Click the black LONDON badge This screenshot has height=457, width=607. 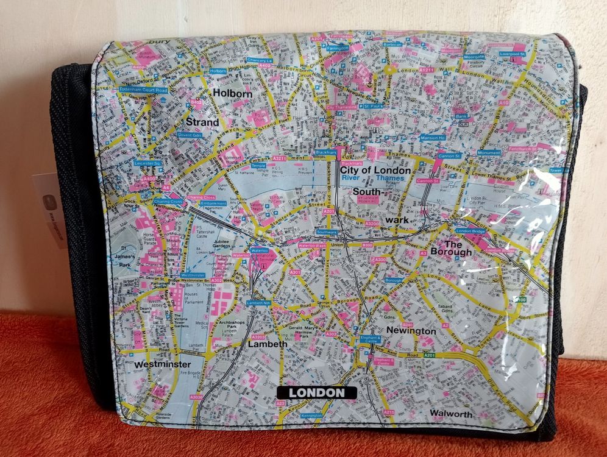[316, 392]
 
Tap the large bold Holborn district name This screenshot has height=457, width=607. [232, 94]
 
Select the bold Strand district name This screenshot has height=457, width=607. [202, 122]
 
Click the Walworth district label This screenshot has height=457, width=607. [451, 414]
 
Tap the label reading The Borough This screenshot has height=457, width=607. [450, 247]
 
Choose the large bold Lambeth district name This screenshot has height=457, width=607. [268, 344]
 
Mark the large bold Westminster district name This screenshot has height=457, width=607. [163, 364]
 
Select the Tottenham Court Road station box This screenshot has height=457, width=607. [143, 89]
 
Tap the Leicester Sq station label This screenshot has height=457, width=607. [147, 163]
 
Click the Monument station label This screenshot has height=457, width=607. [489, 152]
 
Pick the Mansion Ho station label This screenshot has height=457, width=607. [433, 138]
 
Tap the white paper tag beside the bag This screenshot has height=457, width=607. [49, 207]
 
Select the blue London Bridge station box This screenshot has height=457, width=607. [469, 231]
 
